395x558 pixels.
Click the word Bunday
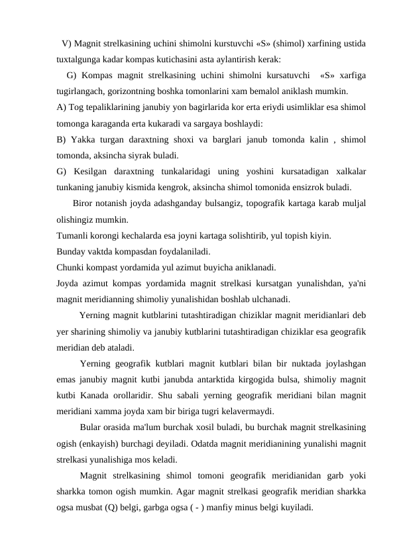[x=72, y=252]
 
